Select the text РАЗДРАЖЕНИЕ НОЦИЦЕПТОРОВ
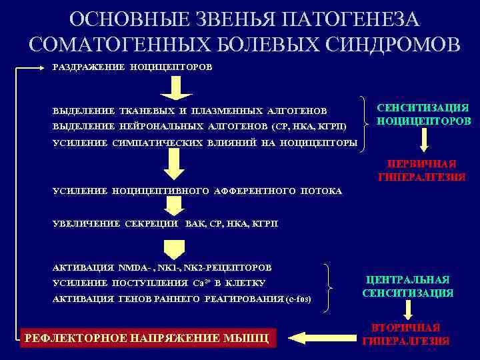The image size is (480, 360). [x=133, y=67]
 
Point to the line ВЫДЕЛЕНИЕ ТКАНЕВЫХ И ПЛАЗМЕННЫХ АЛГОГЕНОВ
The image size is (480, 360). [x=189, y=110]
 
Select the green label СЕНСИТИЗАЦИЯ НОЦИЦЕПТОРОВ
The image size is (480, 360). [x=423, y=115]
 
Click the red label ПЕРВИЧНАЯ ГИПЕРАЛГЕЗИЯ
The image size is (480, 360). [x=423, y=170]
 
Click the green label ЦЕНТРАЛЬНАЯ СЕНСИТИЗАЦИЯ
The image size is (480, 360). [x=408, y=286]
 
